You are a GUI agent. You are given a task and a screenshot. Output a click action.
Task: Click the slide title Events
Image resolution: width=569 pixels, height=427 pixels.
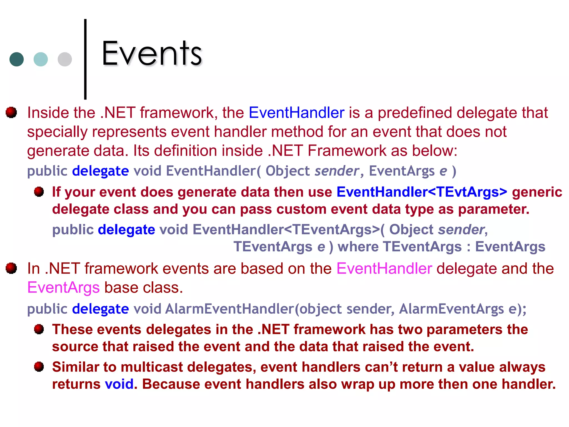[x=151, y=53]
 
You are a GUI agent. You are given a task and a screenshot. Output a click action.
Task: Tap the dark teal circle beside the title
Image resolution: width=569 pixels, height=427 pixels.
[x=16, y=59]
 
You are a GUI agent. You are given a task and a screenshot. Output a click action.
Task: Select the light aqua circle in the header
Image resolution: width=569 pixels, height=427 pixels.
[x=41, y=59]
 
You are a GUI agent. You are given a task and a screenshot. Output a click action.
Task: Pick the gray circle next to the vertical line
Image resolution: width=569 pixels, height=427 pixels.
[x=65, y=59]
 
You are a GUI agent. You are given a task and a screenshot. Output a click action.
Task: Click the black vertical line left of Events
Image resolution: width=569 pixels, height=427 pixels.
[x=85, y=59]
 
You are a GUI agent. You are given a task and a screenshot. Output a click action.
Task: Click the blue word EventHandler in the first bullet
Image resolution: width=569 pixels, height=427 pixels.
[x=296, y=113]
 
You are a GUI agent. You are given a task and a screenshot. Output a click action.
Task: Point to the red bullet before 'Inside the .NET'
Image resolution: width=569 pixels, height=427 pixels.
[x=11, y=112]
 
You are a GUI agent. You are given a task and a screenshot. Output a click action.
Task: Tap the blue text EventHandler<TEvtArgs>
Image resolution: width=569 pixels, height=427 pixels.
[x=422, y=192]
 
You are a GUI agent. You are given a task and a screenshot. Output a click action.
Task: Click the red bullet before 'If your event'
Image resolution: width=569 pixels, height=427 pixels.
[x=39, y=192]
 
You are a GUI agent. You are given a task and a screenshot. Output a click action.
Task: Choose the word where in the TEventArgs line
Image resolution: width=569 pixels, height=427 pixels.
[x=358, y=247]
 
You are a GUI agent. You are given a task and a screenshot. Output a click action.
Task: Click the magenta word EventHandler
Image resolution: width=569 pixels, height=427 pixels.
[x=384, y=269]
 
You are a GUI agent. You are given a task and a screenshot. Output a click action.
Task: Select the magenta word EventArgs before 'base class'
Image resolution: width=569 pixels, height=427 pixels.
[x=63, y=287]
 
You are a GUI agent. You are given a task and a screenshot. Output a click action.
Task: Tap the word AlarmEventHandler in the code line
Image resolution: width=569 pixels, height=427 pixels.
[x=229, y=309]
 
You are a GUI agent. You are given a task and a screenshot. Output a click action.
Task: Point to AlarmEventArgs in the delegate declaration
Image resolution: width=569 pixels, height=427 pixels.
[x=451, y=309]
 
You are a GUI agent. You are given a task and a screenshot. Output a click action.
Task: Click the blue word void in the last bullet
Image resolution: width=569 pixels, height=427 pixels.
[x=119, y=384]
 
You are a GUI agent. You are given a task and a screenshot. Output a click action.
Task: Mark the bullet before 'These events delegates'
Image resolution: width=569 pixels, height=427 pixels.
[x=39, y=329]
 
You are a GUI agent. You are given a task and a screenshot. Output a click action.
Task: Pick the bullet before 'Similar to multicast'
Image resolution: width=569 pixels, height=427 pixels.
[x=39, y=367]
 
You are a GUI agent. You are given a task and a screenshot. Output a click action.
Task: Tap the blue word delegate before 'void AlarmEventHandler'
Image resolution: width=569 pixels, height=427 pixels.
[x=100, y=309]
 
